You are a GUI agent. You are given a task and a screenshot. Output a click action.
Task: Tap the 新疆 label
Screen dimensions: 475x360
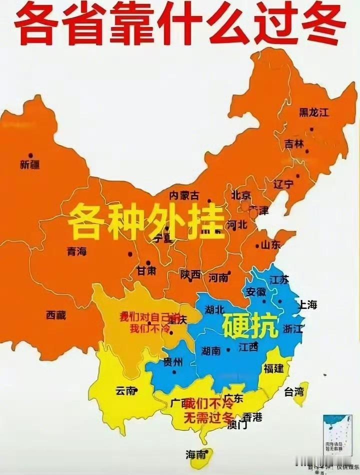30,164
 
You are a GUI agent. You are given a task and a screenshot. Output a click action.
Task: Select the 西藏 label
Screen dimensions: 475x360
56,315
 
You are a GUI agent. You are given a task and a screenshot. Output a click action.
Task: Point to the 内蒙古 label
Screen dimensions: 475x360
184,195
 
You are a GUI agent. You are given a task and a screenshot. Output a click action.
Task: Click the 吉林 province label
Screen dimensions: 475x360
294,143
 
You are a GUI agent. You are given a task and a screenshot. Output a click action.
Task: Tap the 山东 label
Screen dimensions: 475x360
270,244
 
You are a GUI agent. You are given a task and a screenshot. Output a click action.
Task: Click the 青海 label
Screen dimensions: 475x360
76,251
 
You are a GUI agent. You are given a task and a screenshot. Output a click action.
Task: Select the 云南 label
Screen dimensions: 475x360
125,391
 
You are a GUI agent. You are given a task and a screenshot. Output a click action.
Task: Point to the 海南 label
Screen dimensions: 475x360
195,454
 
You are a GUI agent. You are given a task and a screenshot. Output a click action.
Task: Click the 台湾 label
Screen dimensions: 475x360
294,391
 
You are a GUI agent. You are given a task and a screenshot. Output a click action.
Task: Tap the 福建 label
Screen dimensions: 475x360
273,368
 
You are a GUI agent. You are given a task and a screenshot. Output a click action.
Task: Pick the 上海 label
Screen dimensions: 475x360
307,304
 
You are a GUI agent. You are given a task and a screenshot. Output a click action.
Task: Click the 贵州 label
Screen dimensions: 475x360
172,362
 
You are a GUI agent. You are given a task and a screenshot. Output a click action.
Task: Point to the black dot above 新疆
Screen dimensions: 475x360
30,155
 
